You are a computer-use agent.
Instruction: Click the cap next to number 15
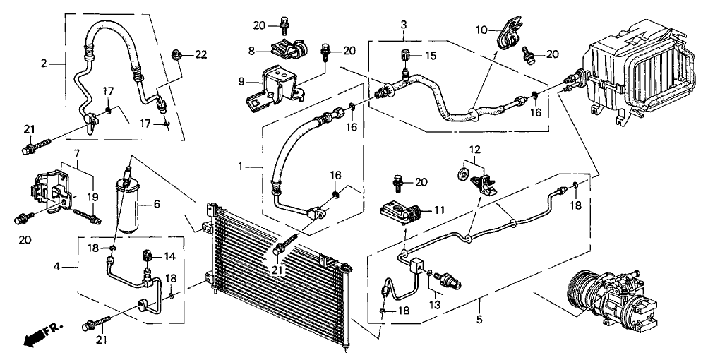[x=407, y=55]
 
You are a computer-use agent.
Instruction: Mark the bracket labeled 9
[x=270, y=85]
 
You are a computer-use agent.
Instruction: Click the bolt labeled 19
[x=86, y=213]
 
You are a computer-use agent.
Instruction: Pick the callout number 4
[x=57, y=267]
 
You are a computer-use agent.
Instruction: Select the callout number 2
[x=44, y=64]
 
